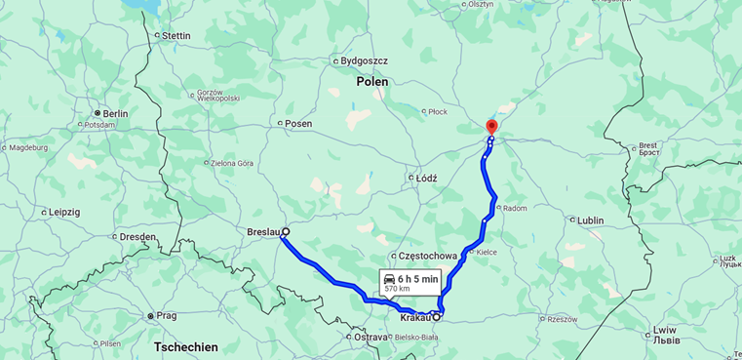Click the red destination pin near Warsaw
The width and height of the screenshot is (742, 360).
click(491, 126)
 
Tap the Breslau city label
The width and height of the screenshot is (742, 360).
click(263, 232)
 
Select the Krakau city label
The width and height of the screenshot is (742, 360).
click(415, 318)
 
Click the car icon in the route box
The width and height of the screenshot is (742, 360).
click(389, 279)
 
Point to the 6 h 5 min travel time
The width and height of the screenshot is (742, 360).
click(417, 279)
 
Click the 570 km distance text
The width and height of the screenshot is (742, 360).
click(397, 290)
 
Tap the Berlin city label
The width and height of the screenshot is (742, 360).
click(115, 113)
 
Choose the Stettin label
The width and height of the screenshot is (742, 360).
click(176, 36)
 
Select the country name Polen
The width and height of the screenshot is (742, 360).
click(371, 82)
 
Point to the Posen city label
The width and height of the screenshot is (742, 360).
click(297, 124)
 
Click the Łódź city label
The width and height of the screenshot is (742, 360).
click(426, 178)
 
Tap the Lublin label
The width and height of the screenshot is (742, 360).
click(590, 220)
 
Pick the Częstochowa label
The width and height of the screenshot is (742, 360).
click(428, 256)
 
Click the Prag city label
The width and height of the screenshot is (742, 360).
click(166, 315)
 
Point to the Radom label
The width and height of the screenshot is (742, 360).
click(514, 208)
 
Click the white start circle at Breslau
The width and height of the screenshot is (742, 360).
click(286, 232)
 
